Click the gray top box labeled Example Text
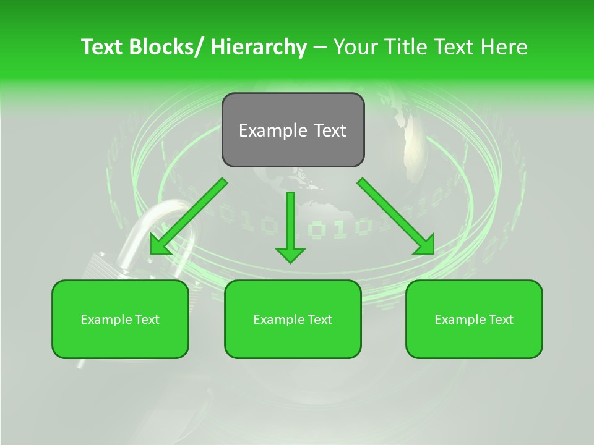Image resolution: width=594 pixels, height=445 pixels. tap(293, 130)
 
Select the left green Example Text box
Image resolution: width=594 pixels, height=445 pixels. tap(120, 319)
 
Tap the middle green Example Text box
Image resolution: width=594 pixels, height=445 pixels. tap(293, 319)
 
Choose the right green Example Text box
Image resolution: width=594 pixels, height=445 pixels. tap(474, 319)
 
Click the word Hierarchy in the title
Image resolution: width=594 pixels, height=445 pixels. tap(259, 47)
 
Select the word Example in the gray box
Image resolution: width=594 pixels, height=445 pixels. tap(269, 130)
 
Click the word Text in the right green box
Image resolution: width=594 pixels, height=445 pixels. tap(500, 319)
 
